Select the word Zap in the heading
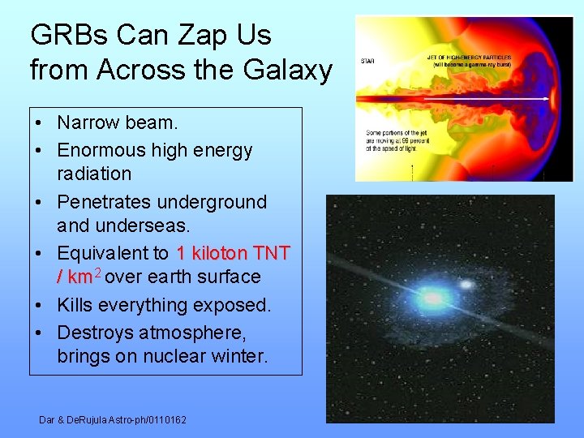(199, 35)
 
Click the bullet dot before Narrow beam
(39, 123)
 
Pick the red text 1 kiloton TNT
(233, 253)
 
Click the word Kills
(77, 305)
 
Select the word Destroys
(96, 332)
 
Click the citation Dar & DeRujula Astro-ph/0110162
(113, 419)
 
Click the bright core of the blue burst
(432, 299)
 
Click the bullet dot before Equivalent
(39, 254)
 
